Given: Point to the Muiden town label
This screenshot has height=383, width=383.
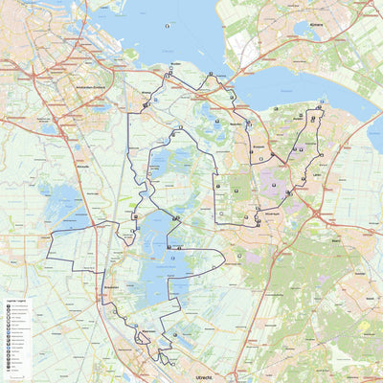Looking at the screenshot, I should pos(175,88).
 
